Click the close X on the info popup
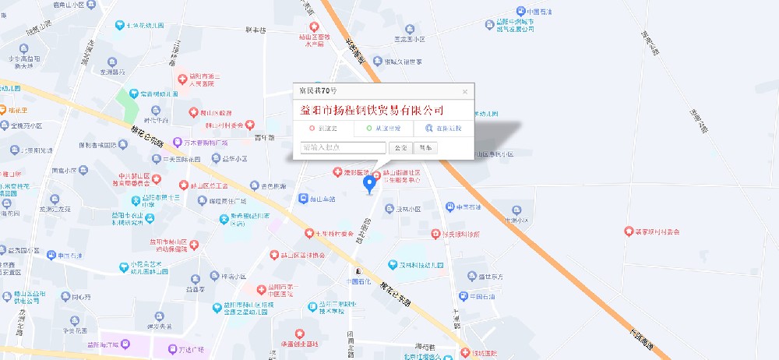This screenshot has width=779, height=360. click(465, 91)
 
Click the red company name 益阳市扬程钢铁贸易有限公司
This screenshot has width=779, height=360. click(372, 110)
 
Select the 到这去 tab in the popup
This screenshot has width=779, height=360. click(323, 128)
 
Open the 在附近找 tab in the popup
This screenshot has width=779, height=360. click(442, 128)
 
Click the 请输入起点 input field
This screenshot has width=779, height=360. click(343, 147)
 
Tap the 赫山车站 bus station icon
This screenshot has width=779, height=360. click(303, 199)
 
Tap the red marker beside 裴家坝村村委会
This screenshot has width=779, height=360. click(629, 231)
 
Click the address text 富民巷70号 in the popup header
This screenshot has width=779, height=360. click(319, 91)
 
